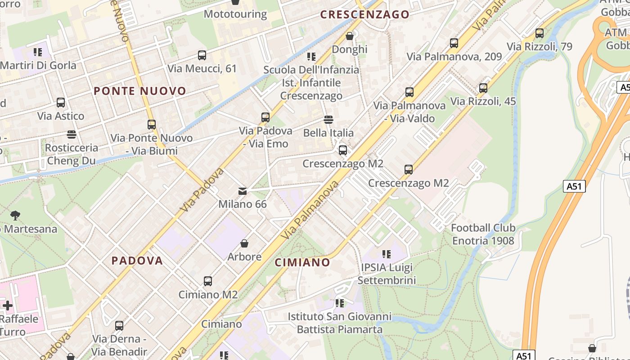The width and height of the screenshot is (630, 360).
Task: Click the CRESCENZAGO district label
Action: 364,14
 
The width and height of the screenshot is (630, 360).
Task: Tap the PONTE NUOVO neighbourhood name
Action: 139,91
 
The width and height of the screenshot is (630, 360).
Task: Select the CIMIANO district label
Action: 302,262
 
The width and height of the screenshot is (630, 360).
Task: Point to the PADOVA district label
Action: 137,261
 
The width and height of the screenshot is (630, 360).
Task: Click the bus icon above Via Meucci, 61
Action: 202,55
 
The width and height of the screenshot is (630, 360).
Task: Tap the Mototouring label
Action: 235,14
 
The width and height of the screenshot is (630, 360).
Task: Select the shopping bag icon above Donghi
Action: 350,36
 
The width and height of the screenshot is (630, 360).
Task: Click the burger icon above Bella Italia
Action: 328,120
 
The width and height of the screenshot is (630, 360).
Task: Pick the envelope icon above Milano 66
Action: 243,191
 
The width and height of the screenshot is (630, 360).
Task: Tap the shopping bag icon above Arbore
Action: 244,243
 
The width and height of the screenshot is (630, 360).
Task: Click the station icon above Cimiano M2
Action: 208,281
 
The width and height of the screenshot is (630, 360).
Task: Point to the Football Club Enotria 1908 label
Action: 483,234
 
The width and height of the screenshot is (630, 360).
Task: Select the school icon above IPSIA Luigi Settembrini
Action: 386,254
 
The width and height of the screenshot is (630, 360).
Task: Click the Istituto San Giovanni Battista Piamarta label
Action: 339,323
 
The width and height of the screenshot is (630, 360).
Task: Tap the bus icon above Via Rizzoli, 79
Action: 539,33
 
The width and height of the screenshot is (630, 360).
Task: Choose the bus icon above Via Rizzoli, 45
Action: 483,88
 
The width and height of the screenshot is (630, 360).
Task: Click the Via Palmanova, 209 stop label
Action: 454,57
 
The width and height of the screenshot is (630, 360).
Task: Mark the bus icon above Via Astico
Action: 61,103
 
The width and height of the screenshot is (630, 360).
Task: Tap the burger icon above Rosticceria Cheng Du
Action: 71,134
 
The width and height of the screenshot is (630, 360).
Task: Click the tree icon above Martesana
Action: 15,216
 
